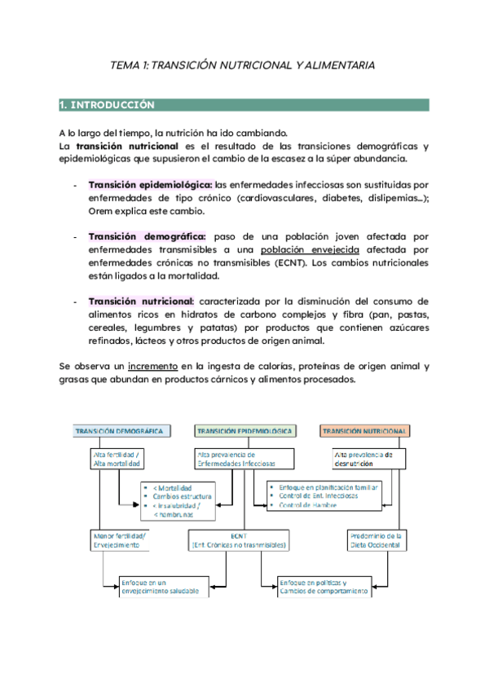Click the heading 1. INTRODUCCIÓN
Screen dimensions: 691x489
tap(107, 105)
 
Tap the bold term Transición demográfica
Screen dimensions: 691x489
tap(147, 236)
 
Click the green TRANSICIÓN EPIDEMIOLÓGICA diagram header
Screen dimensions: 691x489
tap(245, 431)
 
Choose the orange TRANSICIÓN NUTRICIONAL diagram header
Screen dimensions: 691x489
tap(364, 431)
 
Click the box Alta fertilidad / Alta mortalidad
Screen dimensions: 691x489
tap(118, 459)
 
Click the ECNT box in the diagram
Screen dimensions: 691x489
tap(238, 540)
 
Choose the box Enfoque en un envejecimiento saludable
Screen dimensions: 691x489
tap(160, 588)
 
